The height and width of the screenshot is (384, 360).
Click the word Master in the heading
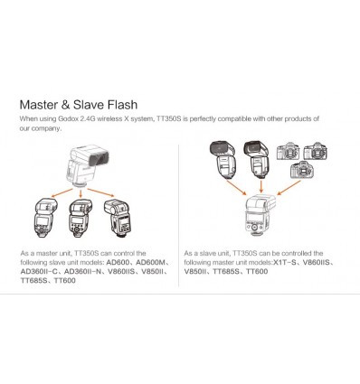point(39,105)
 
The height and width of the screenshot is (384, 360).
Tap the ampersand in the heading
point(66,105)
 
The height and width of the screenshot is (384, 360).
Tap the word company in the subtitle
point(47,128)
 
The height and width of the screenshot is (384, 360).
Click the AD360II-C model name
point(39,271)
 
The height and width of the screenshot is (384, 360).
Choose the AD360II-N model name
point(83,271)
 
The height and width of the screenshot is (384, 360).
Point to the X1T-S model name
point(285,262)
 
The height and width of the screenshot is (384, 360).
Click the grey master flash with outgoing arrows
point(88,166)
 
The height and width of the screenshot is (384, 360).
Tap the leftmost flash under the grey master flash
point(44,218)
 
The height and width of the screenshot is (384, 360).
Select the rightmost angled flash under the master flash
point(118,219)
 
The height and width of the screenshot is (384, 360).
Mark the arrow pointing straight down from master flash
point(81,193)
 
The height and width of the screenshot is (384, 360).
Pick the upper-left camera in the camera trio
point(289,151)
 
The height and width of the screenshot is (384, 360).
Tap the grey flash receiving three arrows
point(261,216)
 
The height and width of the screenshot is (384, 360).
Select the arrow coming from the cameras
point(289,188)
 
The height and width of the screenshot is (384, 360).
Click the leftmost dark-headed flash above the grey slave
point(223,160)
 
